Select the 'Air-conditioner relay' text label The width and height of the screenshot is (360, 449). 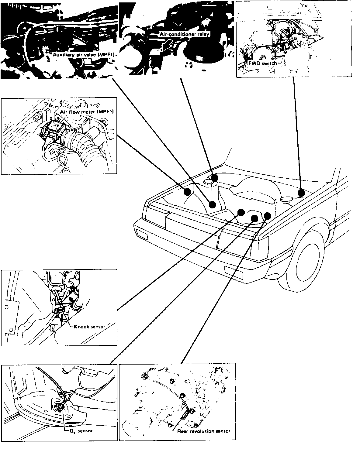184,35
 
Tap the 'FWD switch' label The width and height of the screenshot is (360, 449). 262,63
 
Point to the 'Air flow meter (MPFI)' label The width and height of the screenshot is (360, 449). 86,112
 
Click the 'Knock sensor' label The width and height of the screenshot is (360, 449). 89,327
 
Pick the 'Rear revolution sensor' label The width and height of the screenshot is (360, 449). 204,431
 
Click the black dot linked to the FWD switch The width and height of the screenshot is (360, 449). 301,193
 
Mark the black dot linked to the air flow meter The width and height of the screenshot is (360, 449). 187,192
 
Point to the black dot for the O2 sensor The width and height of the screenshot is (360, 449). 254,218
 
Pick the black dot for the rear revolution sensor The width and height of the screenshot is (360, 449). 267,216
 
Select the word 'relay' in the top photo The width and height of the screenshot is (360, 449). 203,35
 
